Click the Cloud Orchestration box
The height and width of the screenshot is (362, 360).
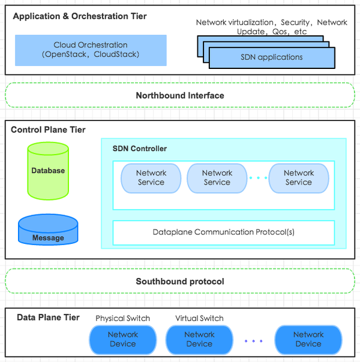91,50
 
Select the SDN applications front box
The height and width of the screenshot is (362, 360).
272,58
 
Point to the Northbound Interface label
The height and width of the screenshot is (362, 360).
180,95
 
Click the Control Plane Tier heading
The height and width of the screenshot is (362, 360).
49,129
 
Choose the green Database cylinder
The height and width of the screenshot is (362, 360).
48,171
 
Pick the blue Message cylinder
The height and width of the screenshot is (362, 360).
48,231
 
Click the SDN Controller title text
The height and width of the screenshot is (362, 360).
140,149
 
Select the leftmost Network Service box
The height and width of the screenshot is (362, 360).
151,177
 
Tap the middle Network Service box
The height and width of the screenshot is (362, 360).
217,177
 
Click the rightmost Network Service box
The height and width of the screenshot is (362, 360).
299,177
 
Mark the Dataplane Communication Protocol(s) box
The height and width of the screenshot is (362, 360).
224,233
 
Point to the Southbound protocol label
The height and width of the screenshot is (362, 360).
180,281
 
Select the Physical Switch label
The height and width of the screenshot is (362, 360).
123,318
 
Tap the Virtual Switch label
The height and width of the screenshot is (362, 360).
199,318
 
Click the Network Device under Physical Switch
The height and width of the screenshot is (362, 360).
123,339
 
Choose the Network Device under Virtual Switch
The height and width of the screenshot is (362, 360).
199,339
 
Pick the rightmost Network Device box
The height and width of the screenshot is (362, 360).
308,339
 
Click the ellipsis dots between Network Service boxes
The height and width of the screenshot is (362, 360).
258,178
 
